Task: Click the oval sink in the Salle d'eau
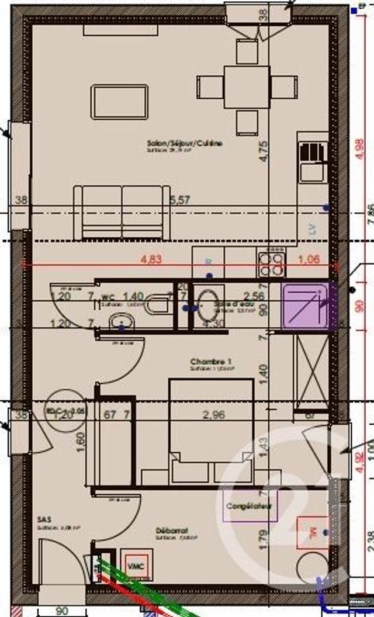[x=205, y=302]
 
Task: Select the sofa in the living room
[x=122, y=213]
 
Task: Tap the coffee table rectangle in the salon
[x=119, y=102]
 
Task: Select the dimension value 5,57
[x=181, y=200]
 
